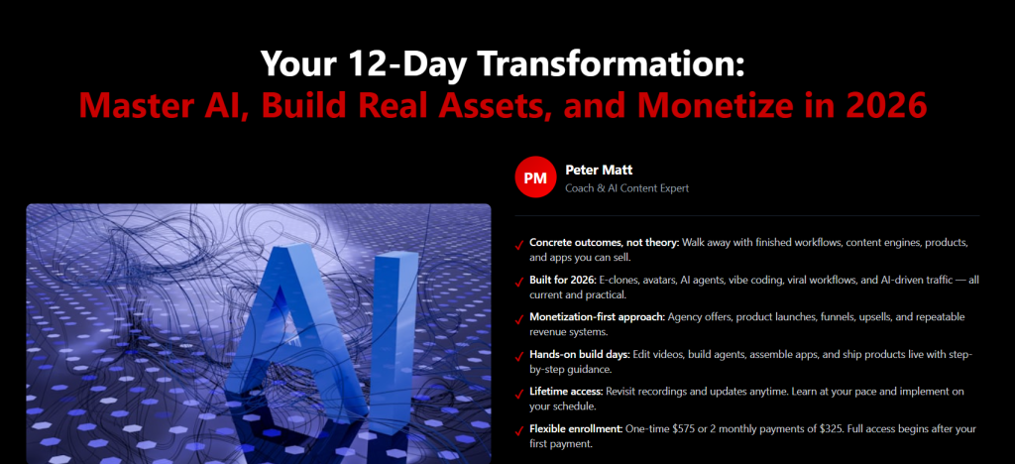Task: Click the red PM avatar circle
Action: click(x=535, y=176)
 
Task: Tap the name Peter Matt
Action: click(x=599, y=171)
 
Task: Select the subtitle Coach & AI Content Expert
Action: click(x=626, y=188)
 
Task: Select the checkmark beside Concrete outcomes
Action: click(x=519, y=245)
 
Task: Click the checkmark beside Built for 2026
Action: click(x=519, y=283)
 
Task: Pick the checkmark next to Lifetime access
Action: click(x=519, y=395)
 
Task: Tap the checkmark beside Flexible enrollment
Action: click(x=519, y=431)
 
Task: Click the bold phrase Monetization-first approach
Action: click(x=598, y=317)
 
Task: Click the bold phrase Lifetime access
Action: click(x=566, y=393)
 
